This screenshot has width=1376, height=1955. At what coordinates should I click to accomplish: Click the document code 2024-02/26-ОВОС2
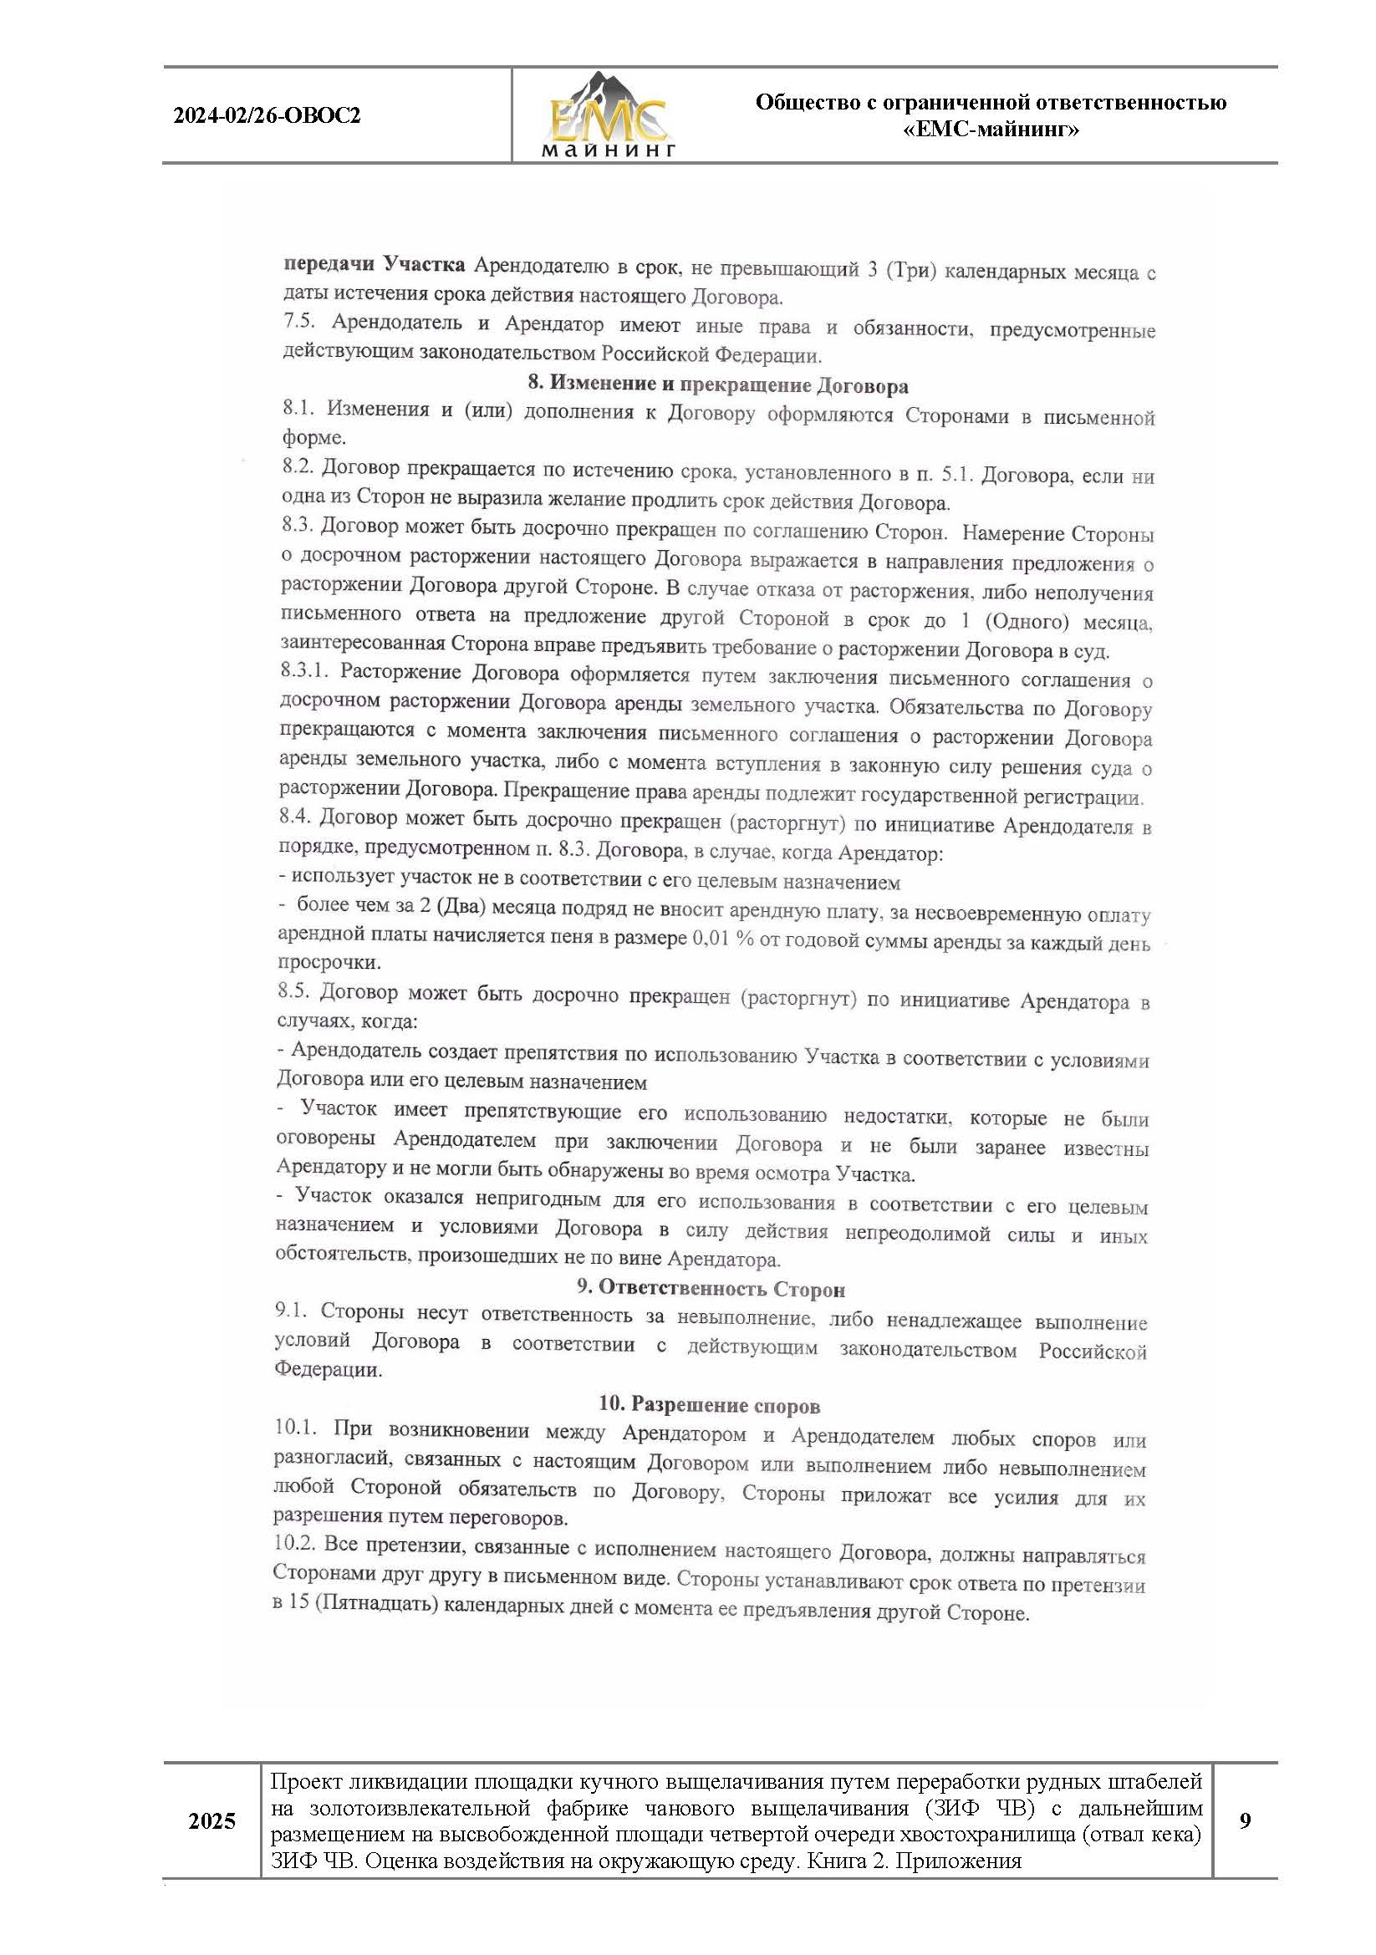coord(268,116)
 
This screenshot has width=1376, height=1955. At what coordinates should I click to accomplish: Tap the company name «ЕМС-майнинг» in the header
coord(991,130)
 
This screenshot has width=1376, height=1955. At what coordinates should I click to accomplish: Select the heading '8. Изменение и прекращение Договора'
coord(717,384)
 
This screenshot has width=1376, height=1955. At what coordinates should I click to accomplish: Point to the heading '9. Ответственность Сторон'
coord(711,1288)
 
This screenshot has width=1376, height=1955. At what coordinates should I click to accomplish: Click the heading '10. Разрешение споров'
coord(709,1404)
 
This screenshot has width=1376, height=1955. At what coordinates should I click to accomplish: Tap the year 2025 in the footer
coord(212,1821)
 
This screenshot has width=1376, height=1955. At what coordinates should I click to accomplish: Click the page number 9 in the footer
coord(1245,1821)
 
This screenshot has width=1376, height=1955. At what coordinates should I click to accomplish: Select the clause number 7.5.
coord(300,322)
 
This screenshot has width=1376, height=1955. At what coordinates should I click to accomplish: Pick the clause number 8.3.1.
coord(304,671)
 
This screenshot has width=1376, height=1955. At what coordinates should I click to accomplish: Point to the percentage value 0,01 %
coord(723,939)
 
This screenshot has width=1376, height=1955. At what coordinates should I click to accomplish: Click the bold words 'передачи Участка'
coord(374,265)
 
